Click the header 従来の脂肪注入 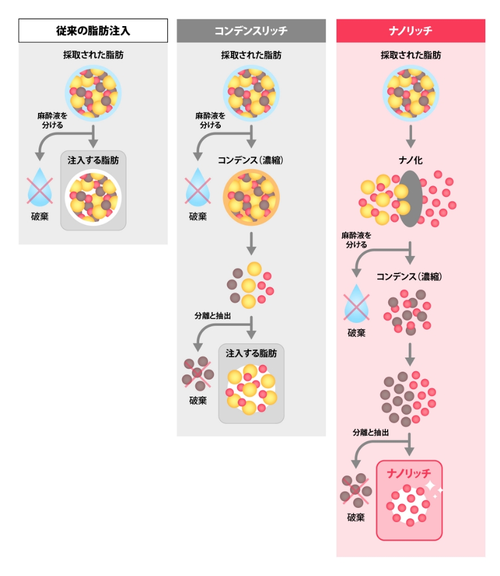[x=93, y=31]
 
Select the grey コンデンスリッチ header [x=251, y=31]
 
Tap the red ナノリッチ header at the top [x=410, y=31]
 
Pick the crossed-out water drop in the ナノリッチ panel [x=356, y=303]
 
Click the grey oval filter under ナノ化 [x=409, y=197]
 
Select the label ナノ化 [x=410, y=161]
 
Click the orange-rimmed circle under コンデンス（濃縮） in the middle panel [x=251, y=197]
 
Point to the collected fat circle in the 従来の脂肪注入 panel [x=93, y=90]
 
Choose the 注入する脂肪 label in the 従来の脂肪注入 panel [x=93, y=161]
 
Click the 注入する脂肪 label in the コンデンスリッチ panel [x=251, y=353]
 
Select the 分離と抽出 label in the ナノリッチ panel [x=371, y=432]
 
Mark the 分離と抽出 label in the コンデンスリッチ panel [x=213, y=316]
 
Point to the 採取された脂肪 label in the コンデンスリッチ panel [x=251, y=56]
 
